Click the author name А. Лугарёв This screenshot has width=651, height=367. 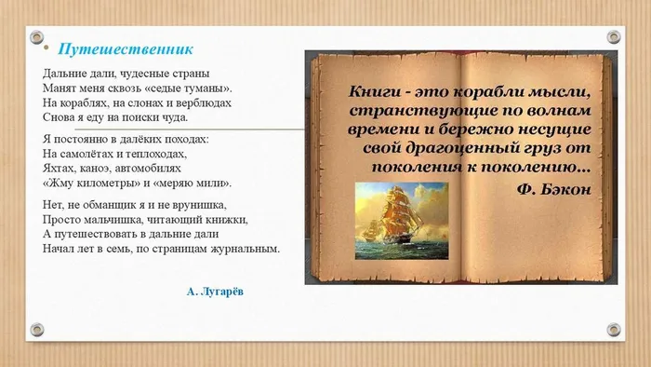217,292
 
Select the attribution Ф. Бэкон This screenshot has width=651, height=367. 553,186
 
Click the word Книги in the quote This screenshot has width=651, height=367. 377,91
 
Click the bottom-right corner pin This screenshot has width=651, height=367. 613,330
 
